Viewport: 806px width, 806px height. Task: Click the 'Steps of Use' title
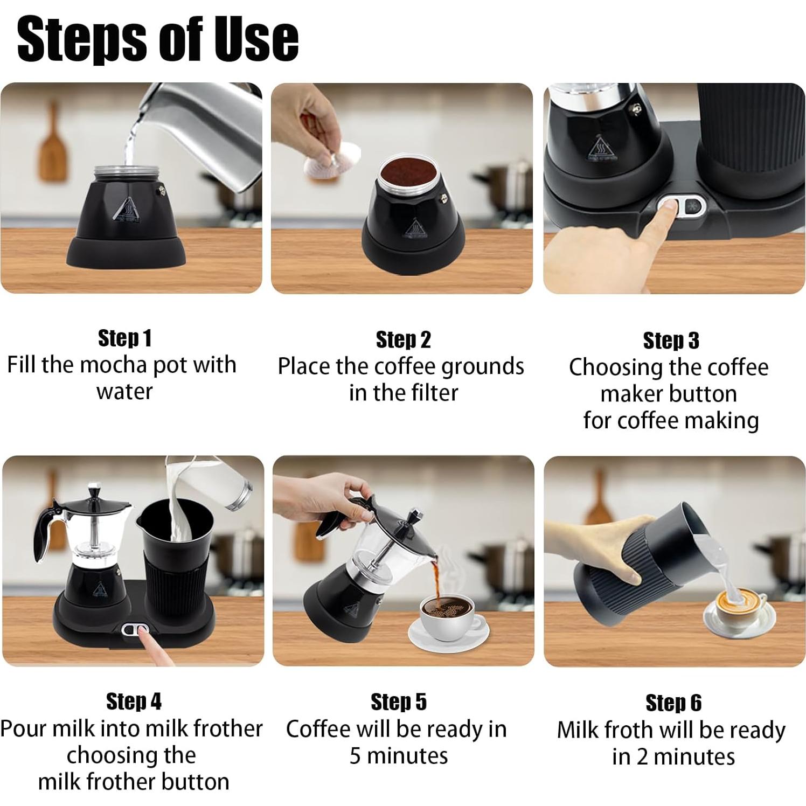(157, 39)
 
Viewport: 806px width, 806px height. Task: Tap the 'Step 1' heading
(124, 338)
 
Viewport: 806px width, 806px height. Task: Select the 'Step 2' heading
(403, 340)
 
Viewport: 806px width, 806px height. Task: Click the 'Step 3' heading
(671, 341)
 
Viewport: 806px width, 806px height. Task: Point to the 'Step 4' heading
(133, 701)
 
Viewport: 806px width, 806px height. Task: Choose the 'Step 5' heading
(398, 702)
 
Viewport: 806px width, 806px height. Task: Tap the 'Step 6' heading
(673, 703)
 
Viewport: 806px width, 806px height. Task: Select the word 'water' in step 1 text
(124, 392)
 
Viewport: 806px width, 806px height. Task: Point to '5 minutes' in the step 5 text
(398, 756)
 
